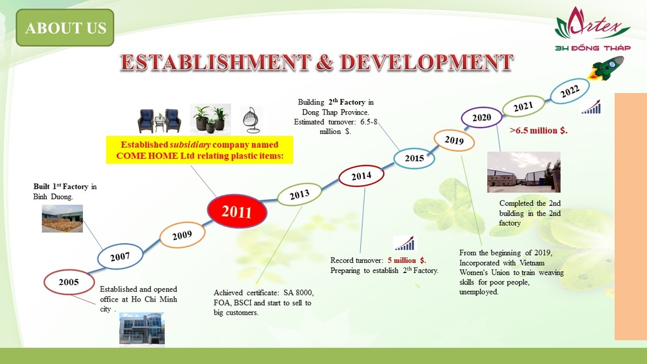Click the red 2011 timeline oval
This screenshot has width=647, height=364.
[237, 211]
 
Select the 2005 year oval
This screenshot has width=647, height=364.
[69, 282]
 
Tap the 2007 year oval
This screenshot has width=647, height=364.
[120, 257]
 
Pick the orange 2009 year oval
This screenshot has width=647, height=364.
[182, 235]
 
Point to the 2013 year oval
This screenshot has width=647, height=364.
[299, 195]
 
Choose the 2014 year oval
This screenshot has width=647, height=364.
[361, 176]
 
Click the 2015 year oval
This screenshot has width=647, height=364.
[414, 158]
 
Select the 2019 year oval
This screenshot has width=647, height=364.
[454, 140]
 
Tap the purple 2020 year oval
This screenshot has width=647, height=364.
[481, 117]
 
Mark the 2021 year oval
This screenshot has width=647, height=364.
[523, 106]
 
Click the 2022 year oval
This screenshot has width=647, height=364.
[570, 91]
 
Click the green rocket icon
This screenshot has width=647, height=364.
[607, 68]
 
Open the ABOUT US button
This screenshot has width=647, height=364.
[65, 28]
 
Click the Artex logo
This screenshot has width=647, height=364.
[593, 28]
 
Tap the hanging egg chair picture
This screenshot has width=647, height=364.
[251, 119]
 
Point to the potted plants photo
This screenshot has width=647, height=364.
[210, 119]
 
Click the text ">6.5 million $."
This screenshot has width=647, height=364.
[538, 130]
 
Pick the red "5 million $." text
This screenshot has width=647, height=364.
[407, 260]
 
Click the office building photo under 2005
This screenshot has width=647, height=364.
[142, 329]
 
